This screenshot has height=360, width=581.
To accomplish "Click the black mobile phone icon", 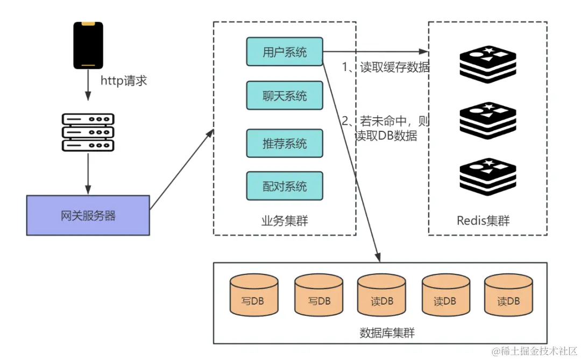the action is (x=88, y=45).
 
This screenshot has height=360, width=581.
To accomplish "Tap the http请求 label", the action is (x=124, y=81).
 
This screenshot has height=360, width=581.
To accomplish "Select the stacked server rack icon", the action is (x=88, y=132).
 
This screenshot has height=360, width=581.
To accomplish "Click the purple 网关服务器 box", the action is (x=88, y=215).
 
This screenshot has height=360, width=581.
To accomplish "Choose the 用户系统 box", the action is (x=285, y=52).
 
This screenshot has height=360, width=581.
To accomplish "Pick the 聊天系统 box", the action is (x=285, y=96).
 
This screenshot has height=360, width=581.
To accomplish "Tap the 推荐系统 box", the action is (x=285, y=144).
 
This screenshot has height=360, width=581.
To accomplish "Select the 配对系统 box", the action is (x=285, y=186).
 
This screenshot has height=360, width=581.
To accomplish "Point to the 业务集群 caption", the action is (x=285, y=221).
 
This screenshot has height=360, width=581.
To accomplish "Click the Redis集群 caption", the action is (x=483, y=221).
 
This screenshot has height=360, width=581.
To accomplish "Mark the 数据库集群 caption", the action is (x=387, y=333).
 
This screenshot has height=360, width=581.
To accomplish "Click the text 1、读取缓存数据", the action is (x=386, y=67).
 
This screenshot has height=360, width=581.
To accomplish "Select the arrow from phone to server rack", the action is (x=88, y=85).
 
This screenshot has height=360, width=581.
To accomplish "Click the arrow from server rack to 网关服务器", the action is (x=88, y=173).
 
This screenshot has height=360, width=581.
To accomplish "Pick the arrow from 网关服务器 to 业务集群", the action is (x=182, y=169).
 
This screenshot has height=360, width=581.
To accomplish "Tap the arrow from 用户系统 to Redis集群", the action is (x=375, y=52).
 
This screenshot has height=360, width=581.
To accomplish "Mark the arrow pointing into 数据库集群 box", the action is (x=351, y=161).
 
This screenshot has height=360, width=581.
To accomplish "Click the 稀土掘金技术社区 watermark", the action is (x=534, y=351).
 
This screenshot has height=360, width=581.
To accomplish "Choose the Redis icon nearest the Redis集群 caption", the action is (x=488, y=177).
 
